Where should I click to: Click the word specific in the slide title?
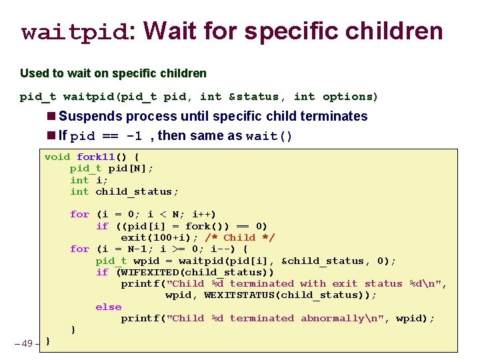coord(293,31)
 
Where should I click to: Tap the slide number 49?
coord(27,343)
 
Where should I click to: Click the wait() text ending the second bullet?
coord(269,137)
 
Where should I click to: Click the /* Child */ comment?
coord(249,237)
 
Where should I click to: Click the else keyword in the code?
coord(109,307)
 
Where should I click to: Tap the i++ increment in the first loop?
coord(201,214)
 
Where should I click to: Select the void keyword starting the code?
coord(57,157)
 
